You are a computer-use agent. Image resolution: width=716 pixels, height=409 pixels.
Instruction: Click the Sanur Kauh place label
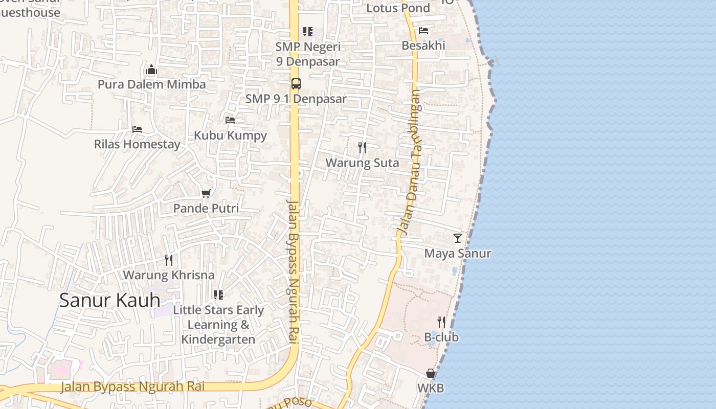(109, 300)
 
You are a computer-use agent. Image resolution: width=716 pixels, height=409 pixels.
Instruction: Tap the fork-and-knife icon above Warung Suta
(362, 148)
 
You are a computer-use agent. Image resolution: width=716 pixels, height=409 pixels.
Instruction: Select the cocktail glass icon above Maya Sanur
(458, 238)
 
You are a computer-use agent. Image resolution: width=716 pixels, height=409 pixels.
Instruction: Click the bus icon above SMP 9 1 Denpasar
(296, 83)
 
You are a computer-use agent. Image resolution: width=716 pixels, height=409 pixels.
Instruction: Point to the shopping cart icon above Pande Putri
(206, 193)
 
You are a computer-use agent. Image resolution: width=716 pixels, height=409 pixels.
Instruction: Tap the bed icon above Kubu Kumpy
(230, 120)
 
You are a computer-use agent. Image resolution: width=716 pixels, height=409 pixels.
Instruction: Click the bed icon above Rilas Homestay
(137, 129)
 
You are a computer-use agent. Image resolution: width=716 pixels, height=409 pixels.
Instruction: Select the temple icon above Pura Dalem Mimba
(151, 70)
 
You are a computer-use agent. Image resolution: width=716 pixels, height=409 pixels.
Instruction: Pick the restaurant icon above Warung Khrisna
(169, 260)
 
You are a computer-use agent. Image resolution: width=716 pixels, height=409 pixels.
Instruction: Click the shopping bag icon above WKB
(431, 374)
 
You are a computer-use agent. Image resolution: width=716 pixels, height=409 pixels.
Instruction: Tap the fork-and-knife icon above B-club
(441, 322)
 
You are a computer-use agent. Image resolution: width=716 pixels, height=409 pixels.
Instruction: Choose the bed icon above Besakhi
(423, 31)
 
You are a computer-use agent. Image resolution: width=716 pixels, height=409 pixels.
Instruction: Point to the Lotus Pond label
(398, 8)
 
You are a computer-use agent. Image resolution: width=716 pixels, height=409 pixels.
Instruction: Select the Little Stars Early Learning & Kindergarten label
(218, 325)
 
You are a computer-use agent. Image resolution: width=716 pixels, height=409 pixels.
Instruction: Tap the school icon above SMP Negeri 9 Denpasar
(307, 32)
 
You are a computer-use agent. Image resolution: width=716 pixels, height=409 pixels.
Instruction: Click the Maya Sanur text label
(458, 254)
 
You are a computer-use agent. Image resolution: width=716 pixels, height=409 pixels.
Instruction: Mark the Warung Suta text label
(362, 163)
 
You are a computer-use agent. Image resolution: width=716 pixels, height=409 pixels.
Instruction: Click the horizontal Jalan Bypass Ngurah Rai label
(132, 387)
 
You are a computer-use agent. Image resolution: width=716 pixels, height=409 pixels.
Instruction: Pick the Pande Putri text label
(206, 209)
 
